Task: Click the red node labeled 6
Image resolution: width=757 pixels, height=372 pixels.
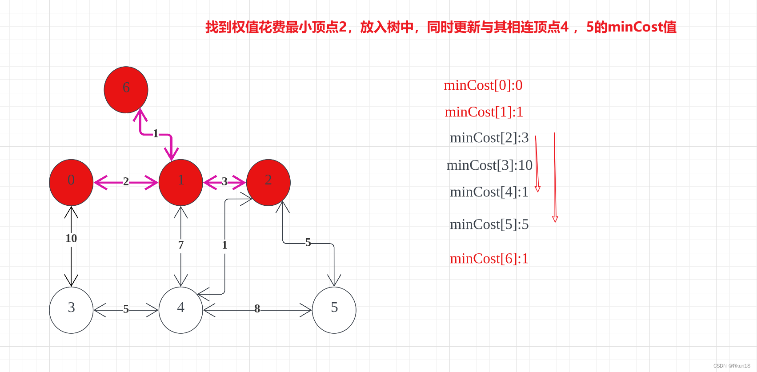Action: pyautogui.click(x=126, y=89)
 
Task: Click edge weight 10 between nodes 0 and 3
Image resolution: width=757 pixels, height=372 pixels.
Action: pyautogui.click(x=71, y=238)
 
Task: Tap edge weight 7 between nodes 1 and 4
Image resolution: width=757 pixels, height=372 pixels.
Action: pyautogui.click(x=181, y=245)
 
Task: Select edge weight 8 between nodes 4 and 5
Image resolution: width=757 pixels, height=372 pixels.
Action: pyautogui.click(x=257, y=308)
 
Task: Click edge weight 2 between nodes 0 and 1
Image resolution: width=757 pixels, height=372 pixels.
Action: pyautogui.click(x=126, y=181)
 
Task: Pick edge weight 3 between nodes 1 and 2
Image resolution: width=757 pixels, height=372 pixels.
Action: pyautogui.click(x=224, y=181)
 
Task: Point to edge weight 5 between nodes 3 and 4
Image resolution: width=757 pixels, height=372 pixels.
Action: pyautogui.click(x=126, y=309)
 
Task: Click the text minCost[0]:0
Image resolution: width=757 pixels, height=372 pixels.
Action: pyautogui.click(x=483, y=85)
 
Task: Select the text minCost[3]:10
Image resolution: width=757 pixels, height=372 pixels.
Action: pyautogui.click(x=489, y=165)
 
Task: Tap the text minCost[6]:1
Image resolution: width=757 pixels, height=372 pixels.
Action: pyautogui.click(x=489, y=258)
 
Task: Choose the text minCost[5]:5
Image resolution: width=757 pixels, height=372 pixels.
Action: pyautogui.click(x=489, y=224)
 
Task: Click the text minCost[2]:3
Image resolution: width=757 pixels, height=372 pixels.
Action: pyautogui.click(x=489, y=138)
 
